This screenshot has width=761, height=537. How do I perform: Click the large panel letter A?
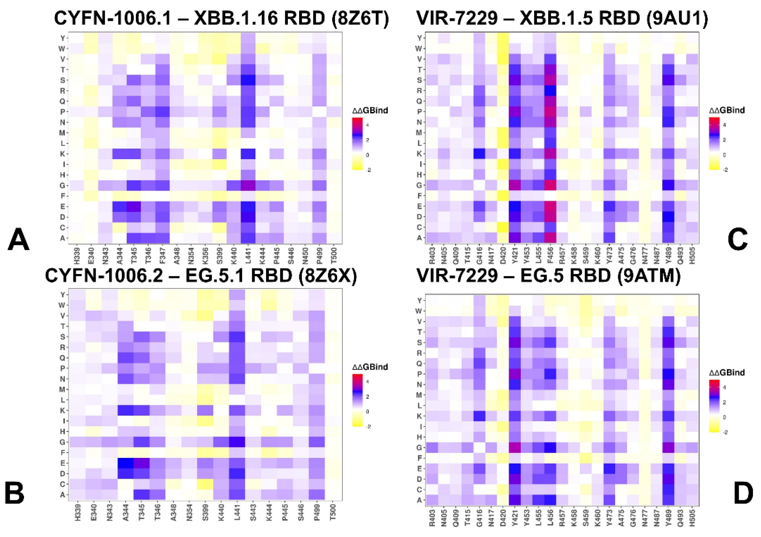coord(19,241)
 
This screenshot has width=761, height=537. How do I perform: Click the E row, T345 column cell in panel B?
coord(142,463)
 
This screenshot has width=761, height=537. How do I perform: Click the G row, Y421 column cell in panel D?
coord(514,448)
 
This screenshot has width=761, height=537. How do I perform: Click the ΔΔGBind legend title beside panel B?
coord(370,367)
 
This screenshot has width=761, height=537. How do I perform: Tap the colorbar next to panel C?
coord(715,143)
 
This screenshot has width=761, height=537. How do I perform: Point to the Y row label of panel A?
coord(62,38)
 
